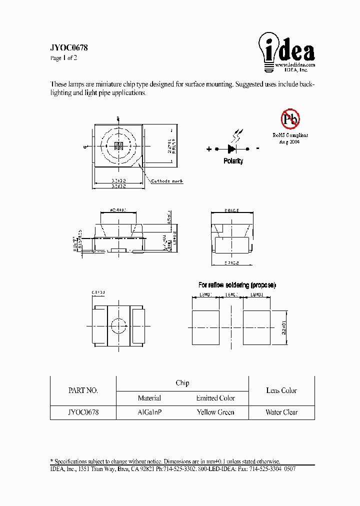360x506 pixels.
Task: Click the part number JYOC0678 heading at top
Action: click(69, 48)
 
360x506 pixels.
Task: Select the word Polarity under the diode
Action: click(233, 161)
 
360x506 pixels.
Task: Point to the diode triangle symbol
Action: click(232, 148)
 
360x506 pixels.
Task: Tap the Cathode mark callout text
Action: click(167, 181)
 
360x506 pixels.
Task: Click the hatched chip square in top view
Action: click(118, 146)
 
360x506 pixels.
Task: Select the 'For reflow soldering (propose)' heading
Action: click(237, 285)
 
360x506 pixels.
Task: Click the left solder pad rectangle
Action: click(205, 327)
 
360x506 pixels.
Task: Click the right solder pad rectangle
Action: click(256, 327)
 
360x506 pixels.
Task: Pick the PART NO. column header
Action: click(83, 390)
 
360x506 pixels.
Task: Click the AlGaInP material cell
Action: click(149, 412)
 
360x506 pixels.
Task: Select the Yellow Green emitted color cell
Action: click(215, 412)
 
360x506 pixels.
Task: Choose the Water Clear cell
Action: click(281, 412)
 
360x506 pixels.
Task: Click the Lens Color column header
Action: click(281, 390)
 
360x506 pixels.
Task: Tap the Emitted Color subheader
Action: click(215, 398)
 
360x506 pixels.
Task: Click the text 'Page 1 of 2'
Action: click(63, 58)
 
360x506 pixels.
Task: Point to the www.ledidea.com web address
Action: click(294, 65)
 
